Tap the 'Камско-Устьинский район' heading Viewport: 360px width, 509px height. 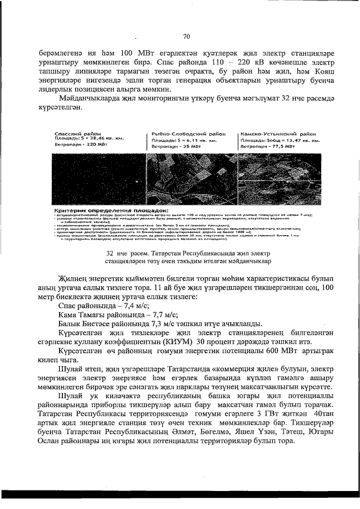[x=277, y=134]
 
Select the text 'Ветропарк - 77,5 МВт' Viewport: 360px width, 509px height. [x=268, y=146]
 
